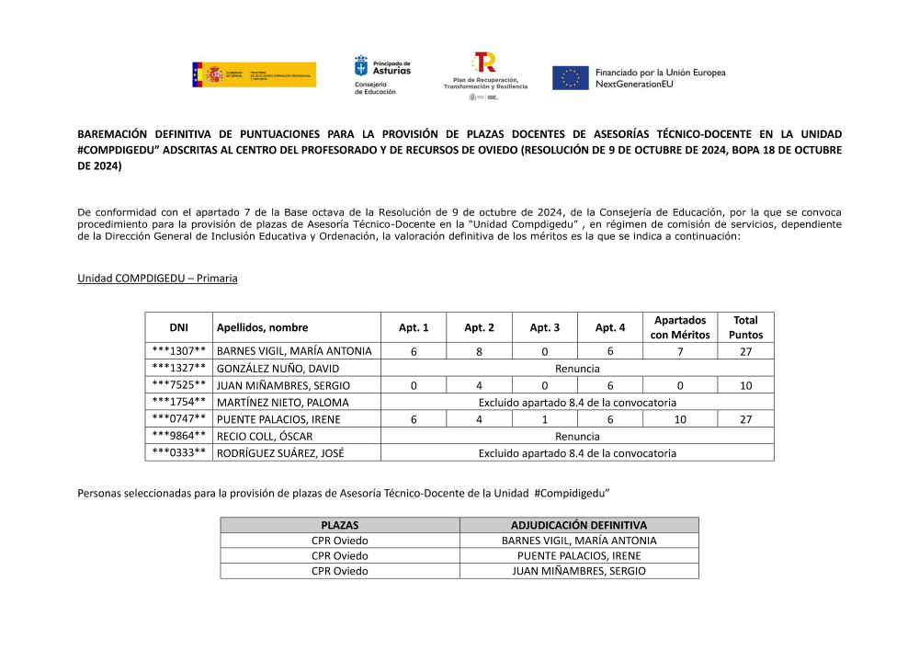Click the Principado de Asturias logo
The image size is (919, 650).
[382, 74]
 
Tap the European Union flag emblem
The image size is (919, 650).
[570, 78]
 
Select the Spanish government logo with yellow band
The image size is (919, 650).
[254, 74]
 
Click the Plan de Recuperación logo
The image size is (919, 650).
[484, 75]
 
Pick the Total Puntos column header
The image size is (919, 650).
[745, 327]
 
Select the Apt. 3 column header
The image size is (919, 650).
[544, 327]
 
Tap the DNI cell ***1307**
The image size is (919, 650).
[178, 350]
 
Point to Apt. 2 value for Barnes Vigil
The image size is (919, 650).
[479, 350]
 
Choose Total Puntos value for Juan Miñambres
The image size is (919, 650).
[745, 385]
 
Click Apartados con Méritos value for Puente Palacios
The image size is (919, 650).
[680, 419]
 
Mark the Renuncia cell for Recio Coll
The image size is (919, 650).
[577, 436]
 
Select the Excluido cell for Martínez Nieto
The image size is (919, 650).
[577, 402]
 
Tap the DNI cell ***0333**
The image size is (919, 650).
[178, 452]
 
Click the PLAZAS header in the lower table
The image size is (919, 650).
[340, 525]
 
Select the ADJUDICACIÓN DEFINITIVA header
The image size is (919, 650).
[579, 525]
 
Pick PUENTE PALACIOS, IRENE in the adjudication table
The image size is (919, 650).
[579, 555]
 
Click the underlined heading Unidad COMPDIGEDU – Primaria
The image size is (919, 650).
[157, 278]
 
